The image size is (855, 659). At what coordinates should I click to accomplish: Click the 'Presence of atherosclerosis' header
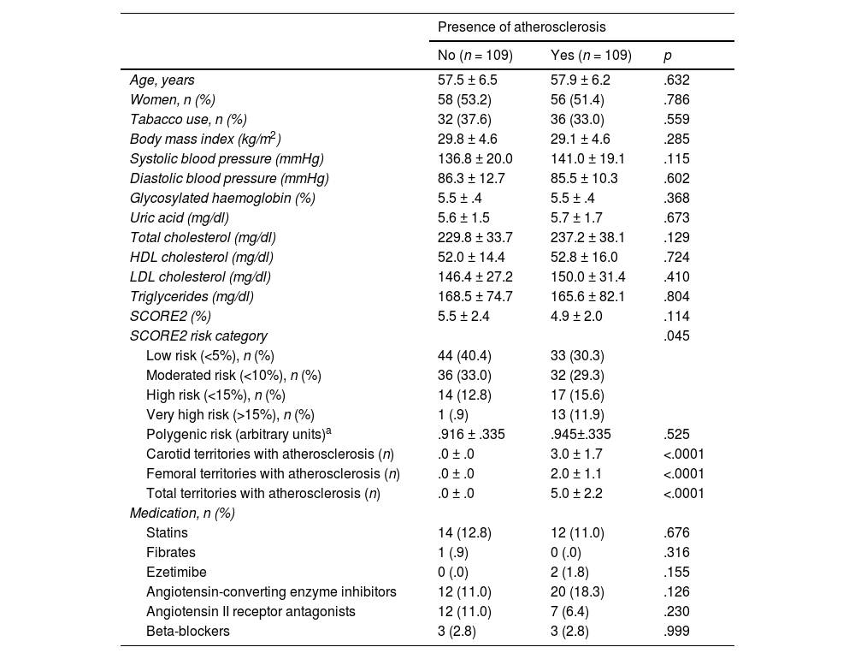click(522, 27)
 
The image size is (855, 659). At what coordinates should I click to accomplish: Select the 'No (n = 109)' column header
click(475, 56)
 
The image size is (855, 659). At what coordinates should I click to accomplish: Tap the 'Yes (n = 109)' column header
click(591, 56)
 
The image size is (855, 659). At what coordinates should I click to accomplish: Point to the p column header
click(668, 56)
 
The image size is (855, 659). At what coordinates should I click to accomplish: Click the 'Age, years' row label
click(162, 80)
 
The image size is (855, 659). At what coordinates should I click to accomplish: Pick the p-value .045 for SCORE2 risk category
click(676, 336)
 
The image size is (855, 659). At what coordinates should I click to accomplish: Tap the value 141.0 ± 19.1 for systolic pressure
click(588, 159)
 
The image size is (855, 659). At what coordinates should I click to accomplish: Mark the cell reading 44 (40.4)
click(464, 356)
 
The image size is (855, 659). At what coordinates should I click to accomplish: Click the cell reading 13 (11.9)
click(577, 415)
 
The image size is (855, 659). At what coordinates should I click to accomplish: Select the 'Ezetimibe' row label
click(176, 573)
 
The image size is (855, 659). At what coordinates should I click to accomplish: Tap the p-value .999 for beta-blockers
click(676, 632)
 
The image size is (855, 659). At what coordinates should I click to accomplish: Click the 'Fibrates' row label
click(171, 553)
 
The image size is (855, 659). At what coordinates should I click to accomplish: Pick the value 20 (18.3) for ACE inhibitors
click(577, 592)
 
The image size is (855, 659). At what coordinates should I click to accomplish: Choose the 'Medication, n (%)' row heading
click(182, 514)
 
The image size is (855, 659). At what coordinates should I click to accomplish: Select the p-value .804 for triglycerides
click(676, 297)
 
